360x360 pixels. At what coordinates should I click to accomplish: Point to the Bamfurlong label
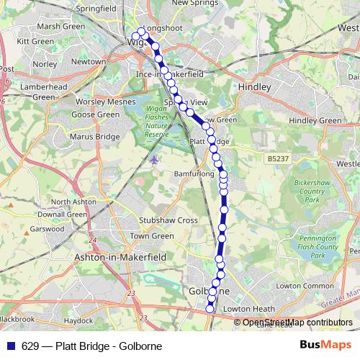194,174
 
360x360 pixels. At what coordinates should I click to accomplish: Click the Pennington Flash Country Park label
317,247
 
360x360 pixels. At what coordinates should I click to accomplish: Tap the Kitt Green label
31,42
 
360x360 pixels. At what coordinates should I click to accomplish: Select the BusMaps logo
320,346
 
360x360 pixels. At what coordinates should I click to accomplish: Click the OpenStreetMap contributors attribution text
297,323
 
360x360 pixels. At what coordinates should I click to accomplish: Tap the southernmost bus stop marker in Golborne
210,309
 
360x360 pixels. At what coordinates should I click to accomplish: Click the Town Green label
152,235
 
